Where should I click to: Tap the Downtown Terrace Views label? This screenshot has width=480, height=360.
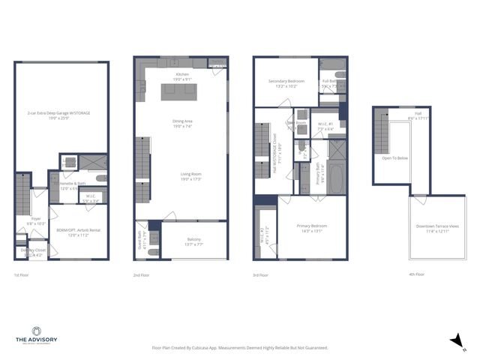[x=437, y=228]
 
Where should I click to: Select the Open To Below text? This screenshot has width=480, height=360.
[x=394, y=158]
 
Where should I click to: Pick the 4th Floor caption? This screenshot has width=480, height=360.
[x=417, y=274]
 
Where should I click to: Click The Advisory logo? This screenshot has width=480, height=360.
[x=36, y=334]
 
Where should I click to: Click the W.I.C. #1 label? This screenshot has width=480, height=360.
[x=327, y=125]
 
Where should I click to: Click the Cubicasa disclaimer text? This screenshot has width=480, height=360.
[x=240, y=348]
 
